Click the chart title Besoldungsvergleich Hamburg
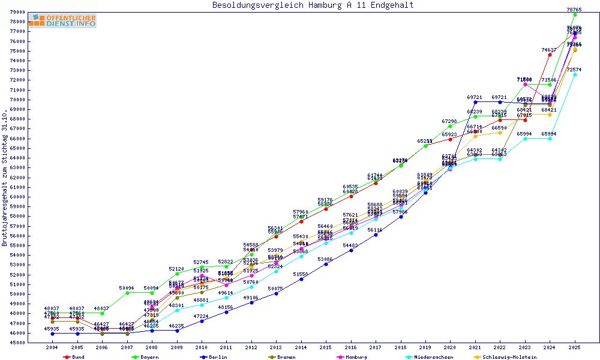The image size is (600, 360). [x=313, y=5]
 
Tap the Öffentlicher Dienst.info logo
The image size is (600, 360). [x=62, y=21]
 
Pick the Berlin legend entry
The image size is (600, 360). [x=214, y=357]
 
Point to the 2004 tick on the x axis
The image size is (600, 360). [x=52, y=347]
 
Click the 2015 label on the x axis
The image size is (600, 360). [x=325, y=347]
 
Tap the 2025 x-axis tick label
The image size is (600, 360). [x=574, y=347]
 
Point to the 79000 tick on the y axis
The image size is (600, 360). [x=17, y=12]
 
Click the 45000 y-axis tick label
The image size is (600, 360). [x=17, y=343]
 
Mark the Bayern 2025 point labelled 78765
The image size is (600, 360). [x=574, y=14]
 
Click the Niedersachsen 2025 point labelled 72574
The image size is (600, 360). [x=574, y=74]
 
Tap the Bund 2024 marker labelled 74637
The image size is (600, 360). [x=550, y=55]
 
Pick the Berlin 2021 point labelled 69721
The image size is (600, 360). [x=475, y=102]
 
